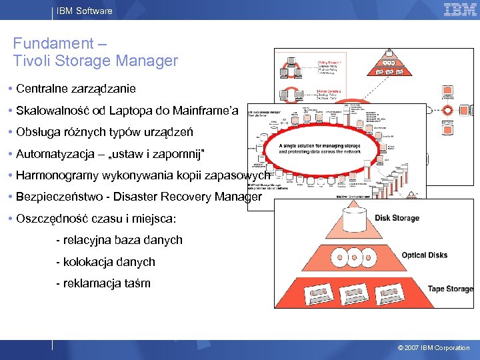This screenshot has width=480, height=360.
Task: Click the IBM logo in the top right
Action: (x=460, y=9)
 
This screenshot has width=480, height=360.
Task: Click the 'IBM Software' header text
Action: (x=84, y=11)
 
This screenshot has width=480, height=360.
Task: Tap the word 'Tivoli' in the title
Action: (x=31, y=61)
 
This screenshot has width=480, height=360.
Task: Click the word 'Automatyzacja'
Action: (x=55, y=154)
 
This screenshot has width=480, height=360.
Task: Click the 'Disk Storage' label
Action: (x=397, y=218)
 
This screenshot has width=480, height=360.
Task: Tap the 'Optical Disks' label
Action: (x=424, y=255)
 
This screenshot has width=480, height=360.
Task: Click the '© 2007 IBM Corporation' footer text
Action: (x=433, y=348)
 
